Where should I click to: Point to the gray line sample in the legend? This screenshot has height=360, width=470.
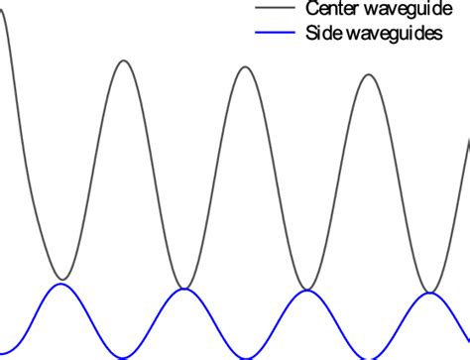coord(273,9)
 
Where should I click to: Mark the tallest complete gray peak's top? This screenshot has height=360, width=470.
coord(123,61)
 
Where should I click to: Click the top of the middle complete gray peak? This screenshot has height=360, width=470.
coord(247,66)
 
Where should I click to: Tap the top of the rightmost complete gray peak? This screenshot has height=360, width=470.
coord(369,73)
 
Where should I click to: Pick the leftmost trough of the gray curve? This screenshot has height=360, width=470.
coord(62,279)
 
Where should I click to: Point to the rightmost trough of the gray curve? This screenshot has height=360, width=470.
coord(429,292)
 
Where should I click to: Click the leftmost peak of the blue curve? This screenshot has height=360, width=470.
coord(62,285)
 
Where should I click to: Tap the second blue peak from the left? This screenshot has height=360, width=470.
coord(184,290)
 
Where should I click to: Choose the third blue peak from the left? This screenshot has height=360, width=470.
coord(307,292)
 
